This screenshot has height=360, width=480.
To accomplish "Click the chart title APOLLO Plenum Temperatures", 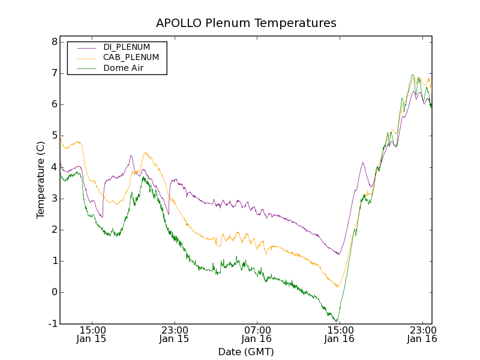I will [246, 23].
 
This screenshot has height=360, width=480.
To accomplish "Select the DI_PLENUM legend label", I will [127, 47].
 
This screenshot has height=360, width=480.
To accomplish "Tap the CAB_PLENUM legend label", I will [131, 58].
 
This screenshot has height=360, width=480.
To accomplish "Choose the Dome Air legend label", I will [124, 68].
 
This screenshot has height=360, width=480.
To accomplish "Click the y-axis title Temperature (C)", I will [41, 180].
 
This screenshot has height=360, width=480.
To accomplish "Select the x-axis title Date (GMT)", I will [246, 352].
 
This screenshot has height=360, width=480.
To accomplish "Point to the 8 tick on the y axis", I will [54, 42].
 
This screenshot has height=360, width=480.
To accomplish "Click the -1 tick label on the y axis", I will [53, 324].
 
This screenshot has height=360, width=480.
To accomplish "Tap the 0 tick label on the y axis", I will [54, 292].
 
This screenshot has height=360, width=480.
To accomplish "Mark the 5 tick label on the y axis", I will [54, 136].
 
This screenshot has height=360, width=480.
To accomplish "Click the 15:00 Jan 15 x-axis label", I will [92, 334].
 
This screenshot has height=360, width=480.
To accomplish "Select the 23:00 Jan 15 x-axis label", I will [175, 334].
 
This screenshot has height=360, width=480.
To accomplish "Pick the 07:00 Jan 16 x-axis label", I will [257, 334].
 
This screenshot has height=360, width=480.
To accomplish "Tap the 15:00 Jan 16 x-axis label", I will [339, 334].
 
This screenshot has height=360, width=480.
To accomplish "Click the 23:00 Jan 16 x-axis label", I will [421, 334].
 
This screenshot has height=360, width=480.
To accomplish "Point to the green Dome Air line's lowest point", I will [337, 322].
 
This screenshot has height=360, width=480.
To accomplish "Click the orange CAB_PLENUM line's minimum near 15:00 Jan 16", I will [337, 286].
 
